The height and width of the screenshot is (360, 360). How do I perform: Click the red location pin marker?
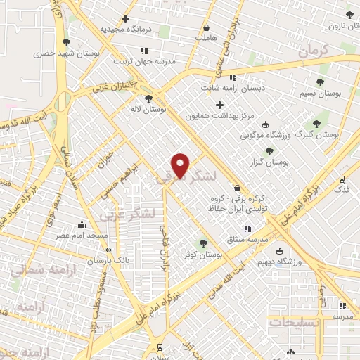point(181,165)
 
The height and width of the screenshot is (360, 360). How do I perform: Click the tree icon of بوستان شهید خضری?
point(67,42)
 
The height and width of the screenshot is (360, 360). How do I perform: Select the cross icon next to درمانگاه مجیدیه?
point(126,19)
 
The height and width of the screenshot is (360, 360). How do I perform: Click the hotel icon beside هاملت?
point(207,25)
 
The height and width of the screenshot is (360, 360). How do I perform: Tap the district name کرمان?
point(313,51)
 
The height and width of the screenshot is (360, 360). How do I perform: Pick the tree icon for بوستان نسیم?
point(321,82)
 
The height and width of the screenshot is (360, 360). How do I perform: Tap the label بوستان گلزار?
point(274,162)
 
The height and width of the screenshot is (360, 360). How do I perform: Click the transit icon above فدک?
point(342,179)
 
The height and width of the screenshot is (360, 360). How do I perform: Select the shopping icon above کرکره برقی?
point(237,188)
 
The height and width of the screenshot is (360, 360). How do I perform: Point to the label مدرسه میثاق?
point(247,240)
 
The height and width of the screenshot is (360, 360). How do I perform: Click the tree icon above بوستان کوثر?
point(203,243)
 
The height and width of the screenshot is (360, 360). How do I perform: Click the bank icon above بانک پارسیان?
point(108,250)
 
